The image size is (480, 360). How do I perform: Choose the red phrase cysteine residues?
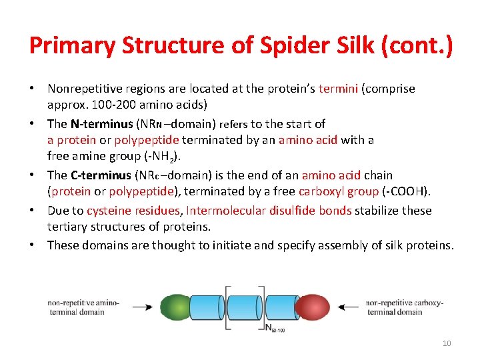133,211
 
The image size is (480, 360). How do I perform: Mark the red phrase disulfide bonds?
310,211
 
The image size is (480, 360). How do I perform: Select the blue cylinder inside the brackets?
245,307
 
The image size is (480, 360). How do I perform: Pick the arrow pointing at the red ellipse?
350,307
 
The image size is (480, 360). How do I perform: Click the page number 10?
447,343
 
